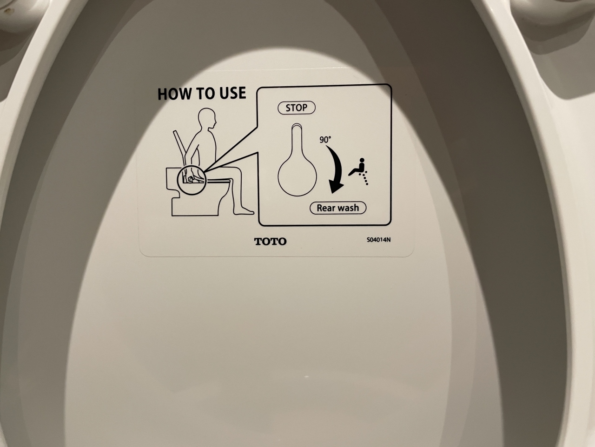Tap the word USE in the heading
(x=232, y=93)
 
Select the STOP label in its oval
(x=297, y=108)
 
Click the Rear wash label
(x=338, y=208)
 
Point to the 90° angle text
(x=325, y=140)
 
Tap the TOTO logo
(x=270, y=241)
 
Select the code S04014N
(x=379, y=240)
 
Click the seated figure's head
(x=207, y=119)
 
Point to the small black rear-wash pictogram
(x=358, y=171)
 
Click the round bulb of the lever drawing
(x=297, y=176)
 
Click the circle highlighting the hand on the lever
(x=192, y=180)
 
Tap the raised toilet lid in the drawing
(x=180, y=147)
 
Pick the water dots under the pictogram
(x=364, y=179)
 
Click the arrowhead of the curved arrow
(x=336, y=187)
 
